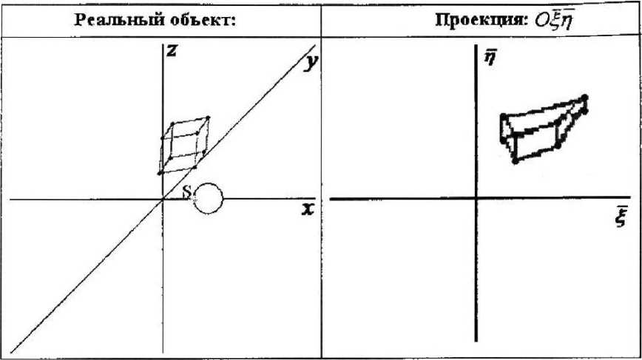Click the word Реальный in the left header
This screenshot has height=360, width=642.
tap(110, 19)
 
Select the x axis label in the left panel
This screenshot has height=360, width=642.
tap(308, 209)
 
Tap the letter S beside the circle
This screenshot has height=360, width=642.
tap(186, 191)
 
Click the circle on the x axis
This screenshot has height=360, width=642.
tap(208, 198)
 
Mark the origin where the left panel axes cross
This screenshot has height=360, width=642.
tap(163, 199)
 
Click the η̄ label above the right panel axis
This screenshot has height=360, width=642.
tap(490, 57)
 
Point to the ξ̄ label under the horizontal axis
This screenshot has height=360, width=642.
tap(618, 222)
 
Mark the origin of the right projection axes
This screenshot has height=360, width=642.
tap(476, 197)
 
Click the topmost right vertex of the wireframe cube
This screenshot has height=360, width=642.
tap(208, 118)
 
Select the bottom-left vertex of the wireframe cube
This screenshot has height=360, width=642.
tap(160, 173)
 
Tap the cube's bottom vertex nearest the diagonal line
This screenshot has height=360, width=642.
tap(195, 166)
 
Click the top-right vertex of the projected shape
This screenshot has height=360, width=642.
tap(585, 97)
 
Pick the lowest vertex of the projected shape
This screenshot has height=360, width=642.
tap(515, 160)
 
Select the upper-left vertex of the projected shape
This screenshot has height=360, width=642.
tap(502, 116)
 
